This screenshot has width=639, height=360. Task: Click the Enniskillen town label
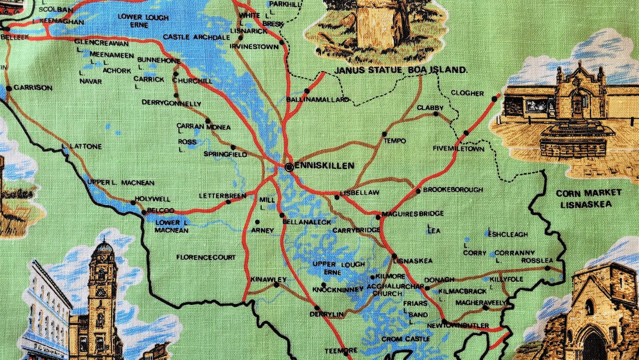coord(324,166)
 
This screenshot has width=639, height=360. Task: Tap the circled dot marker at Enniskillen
coord(289,167)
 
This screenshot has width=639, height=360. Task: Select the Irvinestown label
coord(254,47)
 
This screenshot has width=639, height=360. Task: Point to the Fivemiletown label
coord(458,149)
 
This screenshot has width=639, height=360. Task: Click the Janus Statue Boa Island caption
coord(401,70)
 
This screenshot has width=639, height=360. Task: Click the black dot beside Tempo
coord(384,134)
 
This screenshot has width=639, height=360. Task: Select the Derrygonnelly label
coord(171,103)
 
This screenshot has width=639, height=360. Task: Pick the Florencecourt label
coord(206,257)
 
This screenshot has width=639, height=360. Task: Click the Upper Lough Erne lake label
coord(338,268)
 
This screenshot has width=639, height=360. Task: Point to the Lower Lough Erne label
coord(143,21)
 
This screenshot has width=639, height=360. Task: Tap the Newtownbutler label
coord(458,325)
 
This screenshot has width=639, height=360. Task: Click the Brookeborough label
coord(453,189)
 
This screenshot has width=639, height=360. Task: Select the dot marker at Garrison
coord(9,88)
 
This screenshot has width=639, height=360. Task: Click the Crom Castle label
coord(406,339)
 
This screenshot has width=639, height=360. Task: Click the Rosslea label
coord(537,261)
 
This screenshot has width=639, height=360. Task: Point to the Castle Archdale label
coord(196,37)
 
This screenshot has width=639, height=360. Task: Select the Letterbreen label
coord(222,196)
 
